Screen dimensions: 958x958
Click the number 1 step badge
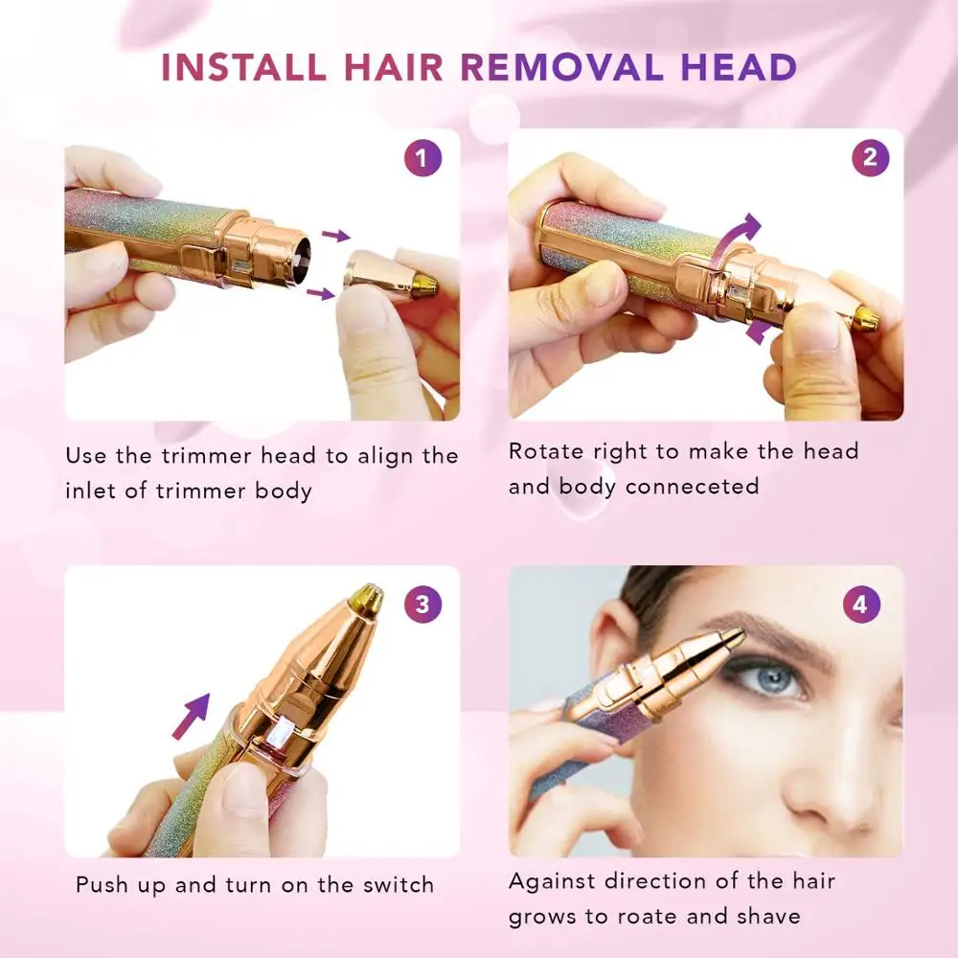click(x=422, y=157)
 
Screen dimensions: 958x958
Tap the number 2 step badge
click(x=870, y=157)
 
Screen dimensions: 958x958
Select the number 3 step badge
click(x=422, y=604)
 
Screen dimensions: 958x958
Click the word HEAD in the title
click(x=744, y=68)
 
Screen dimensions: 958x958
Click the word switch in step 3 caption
click(x=397, y=884)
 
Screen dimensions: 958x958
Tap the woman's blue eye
click(x=772, y=678)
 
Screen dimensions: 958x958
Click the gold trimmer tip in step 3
click(x=367, y=599)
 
